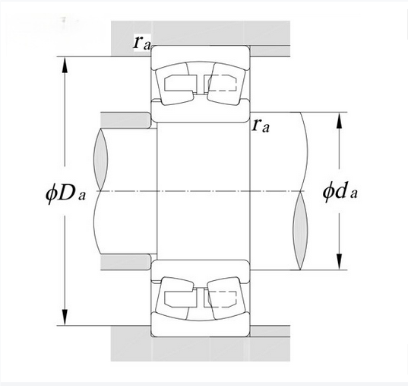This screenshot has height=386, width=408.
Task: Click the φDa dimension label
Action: [x=65, y=194]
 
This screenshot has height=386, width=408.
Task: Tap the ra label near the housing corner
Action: [x=142, y=43]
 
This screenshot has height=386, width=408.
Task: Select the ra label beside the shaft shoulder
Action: [x=261, y=126]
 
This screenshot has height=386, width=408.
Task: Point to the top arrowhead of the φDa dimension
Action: [x=65, y=65]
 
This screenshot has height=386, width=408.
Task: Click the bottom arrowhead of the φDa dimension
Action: [x=65, y=317]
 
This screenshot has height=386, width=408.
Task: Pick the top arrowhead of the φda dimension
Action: [x=339, y=120]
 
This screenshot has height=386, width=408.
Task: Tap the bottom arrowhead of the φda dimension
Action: [x=339, y=262]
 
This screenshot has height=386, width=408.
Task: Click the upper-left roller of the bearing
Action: [x=175, y=84]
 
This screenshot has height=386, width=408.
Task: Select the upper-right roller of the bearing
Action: [x=226, y=84]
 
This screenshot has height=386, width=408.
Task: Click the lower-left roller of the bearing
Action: [x=175, y=298]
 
